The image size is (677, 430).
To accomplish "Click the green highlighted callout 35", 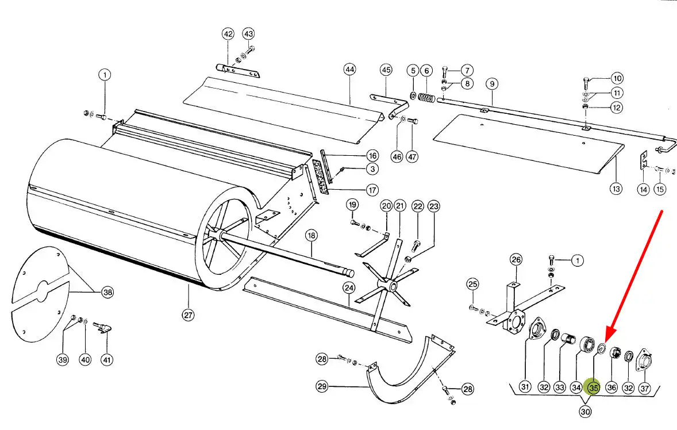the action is pyautogui.click(x=593, y=387).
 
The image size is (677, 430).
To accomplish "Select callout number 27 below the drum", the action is pyautogui.click(x=189, y=314).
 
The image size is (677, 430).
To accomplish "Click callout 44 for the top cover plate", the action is pyautogui.click(x=350, y=69).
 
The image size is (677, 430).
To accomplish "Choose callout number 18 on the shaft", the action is pyautogui.click(x=311, y=235).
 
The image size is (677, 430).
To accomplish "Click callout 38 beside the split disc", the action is pyautogui.click(x=107, y=292).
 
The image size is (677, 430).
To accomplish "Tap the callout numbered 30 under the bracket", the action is pyautogui.click(x=585, y=412).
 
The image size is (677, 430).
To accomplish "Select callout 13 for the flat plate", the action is pyautogui.click(x=616, y=188).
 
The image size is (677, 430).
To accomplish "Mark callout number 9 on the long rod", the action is pyautogui.click(x=492, y=83).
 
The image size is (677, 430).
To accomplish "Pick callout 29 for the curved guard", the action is pyautogui.click(x=322, y=386).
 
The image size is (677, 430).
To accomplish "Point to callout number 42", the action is pyautogui.click(x=228, y=34).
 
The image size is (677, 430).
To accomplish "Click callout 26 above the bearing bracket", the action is pyautogui.click(x=516, y=259).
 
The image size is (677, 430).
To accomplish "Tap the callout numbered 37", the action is pyautogui.click(x=644, y=388).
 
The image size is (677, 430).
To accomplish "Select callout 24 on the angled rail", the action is pyautogui.click(x=349, y=287).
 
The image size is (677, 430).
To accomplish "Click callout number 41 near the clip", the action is pyautogui.click(x=107, y=359).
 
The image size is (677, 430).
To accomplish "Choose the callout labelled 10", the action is pyautogui.click(x=617, y=78).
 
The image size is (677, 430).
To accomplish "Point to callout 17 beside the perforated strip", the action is pyautogui.click(x=372, y=190).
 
